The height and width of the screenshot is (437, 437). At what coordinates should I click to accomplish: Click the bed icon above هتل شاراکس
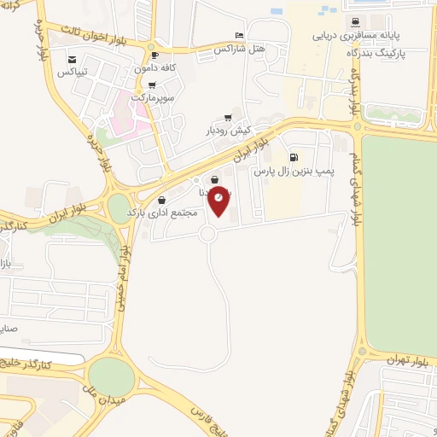[x=238, y=36]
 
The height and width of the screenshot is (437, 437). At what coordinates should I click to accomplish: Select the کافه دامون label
[x=154, y=66]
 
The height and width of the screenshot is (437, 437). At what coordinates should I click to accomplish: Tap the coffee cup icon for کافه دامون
[x=154, y=54]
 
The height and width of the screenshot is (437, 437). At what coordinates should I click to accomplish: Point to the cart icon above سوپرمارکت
[x=152, y=85]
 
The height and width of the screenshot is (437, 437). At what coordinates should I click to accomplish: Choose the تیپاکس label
[x=73, y=72]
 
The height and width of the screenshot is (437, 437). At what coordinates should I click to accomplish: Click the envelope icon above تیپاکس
[x=74, y=59]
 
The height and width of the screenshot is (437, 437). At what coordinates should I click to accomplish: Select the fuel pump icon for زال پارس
[x=294, y=157]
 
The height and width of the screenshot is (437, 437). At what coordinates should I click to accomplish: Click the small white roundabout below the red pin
[x=207, y=234]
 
